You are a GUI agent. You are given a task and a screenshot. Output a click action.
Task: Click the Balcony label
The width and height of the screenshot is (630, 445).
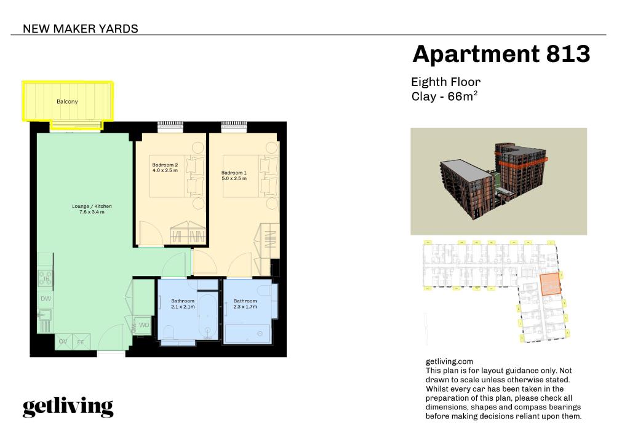[67, 101]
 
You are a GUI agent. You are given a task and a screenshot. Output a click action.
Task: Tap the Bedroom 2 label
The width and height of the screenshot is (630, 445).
[165, 165]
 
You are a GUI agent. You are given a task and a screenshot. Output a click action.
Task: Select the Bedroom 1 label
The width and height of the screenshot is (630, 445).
[234, 173]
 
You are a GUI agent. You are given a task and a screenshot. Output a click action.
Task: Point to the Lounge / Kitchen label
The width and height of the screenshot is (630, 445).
[92, 207]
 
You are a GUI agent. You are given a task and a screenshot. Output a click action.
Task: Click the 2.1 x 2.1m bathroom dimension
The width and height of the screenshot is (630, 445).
[183, 307]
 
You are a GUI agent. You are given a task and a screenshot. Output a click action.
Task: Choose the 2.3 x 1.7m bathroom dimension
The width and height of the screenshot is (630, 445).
[245, 307]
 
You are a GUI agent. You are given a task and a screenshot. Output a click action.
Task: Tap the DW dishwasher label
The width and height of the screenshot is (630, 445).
[46, 299]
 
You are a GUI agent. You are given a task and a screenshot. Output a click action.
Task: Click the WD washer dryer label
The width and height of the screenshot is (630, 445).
[144, 325]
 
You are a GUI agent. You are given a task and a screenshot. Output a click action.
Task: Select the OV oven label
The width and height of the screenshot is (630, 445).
[63, 342]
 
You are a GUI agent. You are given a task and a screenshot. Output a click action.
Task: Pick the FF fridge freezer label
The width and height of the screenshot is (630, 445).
[81, 342]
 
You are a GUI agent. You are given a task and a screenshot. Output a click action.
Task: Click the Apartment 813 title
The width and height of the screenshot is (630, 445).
[501, 53]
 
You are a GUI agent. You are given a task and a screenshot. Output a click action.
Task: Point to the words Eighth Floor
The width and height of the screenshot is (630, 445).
[445, 82]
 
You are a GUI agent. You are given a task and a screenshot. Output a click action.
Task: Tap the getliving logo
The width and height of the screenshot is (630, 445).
[68, 408]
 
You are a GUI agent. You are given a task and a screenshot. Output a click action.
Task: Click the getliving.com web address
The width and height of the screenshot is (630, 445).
[449, 361]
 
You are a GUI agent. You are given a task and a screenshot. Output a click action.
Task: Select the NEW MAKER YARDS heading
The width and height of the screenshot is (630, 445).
[81, 29]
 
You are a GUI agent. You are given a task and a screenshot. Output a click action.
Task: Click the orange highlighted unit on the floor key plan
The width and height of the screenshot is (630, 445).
[549, 284]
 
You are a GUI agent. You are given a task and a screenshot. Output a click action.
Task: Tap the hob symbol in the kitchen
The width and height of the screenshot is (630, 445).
[45, 278]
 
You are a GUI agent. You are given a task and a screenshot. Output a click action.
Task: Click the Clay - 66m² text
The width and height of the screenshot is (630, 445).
[444, 96]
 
